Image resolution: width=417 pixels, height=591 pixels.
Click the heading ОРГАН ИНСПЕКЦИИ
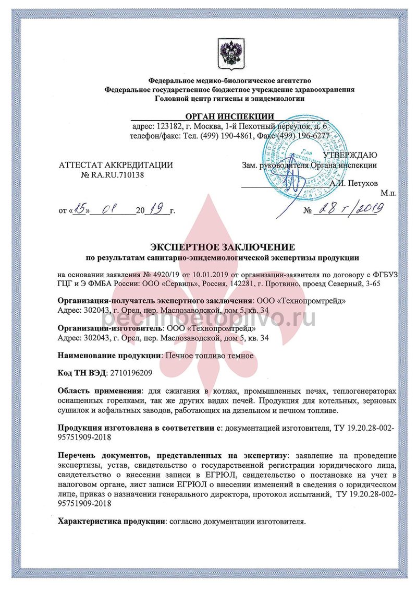point(229,116)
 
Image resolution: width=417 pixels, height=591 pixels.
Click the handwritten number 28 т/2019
point(349,209)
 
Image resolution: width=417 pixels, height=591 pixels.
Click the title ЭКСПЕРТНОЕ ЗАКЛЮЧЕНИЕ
point(223,246)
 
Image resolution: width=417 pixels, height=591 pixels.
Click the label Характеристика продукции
point(111,521)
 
